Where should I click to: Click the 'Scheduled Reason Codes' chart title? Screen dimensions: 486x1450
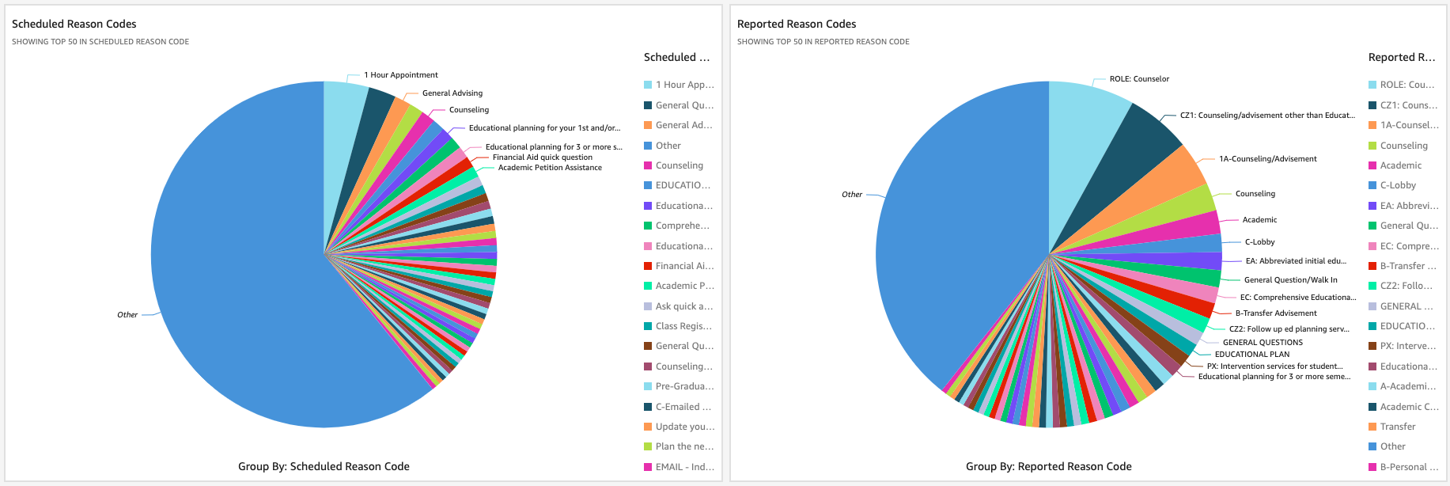[x=74, y=25]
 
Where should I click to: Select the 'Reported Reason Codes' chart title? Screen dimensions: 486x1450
[x=797, y=25]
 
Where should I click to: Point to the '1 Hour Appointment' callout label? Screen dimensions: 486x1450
[x=400, y=75]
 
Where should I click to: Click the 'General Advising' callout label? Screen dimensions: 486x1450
[x=452, y=93]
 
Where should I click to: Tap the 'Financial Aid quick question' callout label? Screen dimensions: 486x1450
[x=542, y=158]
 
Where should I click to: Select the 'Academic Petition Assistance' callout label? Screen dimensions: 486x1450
[x=550, y=168]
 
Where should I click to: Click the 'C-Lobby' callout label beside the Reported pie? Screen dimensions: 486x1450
[x=1259, y=242]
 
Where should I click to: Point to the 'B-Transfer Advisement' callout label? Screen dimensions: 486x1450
[x=1276, y=313]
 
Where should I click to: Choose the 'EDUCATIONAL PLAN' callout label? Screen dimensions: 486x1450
[x=1252, y=355]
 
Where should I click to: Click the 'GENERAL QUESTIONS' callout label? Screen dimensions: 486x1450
[x=1263, y=343]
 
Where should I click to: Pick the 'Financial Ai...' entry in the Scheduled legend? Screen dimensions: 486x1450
[x=683, y=266]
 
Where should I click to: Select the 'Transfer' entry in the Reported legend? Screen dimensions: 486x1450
[x=1398, y=427]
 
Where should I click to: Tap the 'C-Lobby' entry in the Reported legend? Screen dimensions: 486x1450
[x=1398, y=185]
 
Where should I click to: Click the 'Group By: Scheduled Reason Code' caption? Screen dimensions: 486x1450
[x=324, y=466]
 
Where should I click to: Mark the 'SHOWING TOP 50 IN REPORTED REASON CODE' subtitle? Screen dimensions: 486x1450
[x=823, y=42]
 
